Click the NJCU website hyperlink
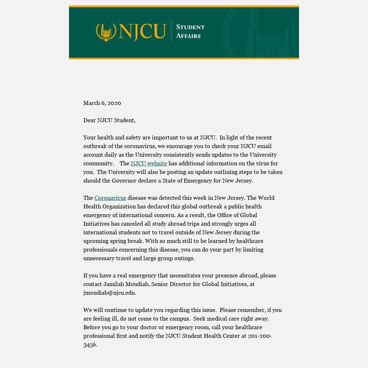point(149,164)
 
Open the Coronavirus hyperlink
point(110,198)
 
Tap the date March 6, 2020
point(102,103)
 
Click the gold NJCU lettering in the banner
point(142,32)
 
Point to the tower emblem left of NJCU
point(106,32)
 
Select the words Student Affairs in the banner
point(190,32)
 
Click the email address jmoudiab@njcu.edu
point(109,293)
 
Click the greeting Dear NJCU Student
point(109,120)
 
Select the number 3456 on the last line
point(90,345)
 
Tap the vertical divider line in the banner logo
point(171,32)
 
